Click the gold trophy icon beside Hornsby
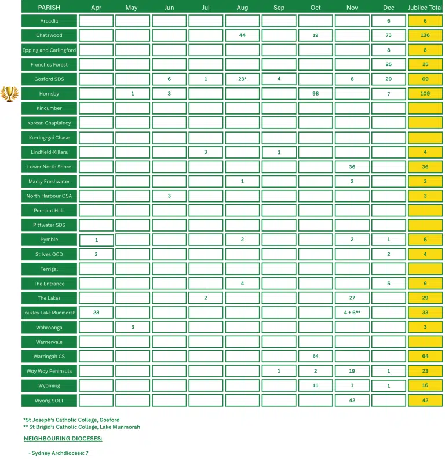click(x=9, y=93)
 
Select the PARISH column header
click(x=49, y=8)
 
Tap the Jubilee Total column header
click(x=425, y=8)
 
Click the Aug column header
click(x=242, y=8)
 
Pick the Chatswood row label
click(x=49, y=35)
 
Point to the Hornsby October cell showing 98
click(x=315, y=94)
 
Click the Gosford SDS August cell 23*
click(x=242, y=79)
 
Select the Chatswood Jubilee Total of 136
click(x=425, y=35)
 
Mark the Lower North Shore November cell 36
click(x=352, y=167)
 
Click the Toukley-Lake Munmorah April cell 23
click(x=96, y=313)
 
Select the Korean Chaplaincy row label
click(x=49, y=123)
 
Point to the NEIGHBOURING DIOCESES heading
click(x=63, y=439)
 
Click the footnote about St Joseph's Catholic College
click(x=71, y=420)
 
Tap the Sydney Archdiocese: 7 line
click(x=59, y=453)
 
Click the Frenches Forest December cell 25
click(x=389, y=64)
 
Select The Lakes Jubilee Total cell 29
click(x=425, y=298)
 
